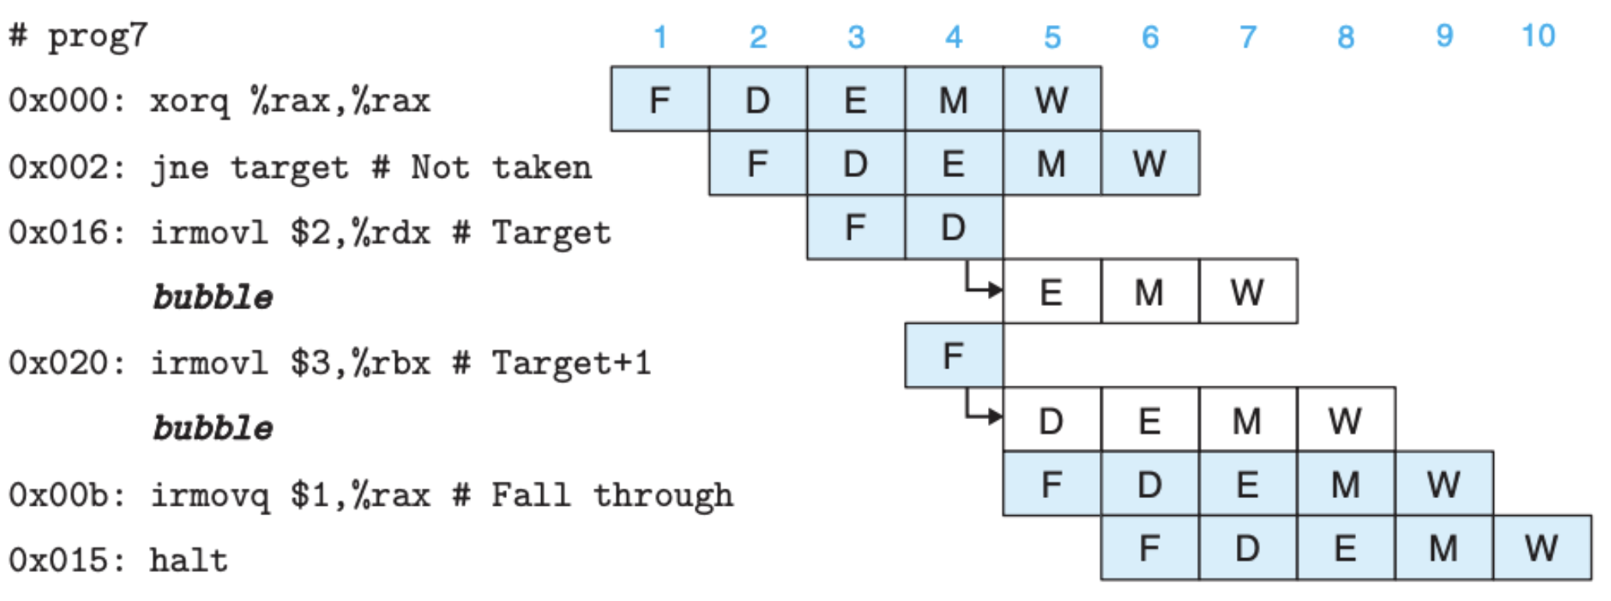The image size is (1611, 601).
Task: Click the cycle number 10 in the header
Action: pos(1538,36)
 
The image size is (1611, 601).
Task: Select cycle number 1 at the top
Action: pos(660,37)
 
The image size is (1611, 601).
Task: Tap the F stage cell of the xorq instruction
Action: pos(660,99)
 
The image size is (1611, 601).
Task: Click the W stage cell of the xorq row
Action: pos(1052,99)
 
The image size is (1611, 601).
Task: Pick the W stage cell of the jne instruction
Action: pos(1150,163)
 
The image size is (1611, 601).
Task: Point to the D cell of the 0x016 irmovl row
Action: pos(954,227)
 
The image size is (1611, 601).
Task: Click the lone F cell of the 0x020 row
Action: pos(954,356)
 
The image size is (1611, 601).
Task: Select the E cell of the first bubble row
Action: pos(1052,292)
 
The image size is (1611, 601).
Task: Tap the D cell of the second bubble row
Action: pos(1052,420)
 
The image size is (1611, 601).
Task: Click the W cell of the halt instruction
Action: pos(1542,548)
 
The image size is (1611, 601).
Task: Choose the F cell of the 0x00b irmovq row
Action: pos(1052,484)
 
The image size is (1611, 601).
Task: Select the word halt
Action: pos(189,560)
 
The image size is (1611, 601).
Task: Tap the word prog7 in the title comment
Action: pos(97,36)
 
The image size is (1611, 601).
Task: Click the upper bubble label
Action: pos(213,297)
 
